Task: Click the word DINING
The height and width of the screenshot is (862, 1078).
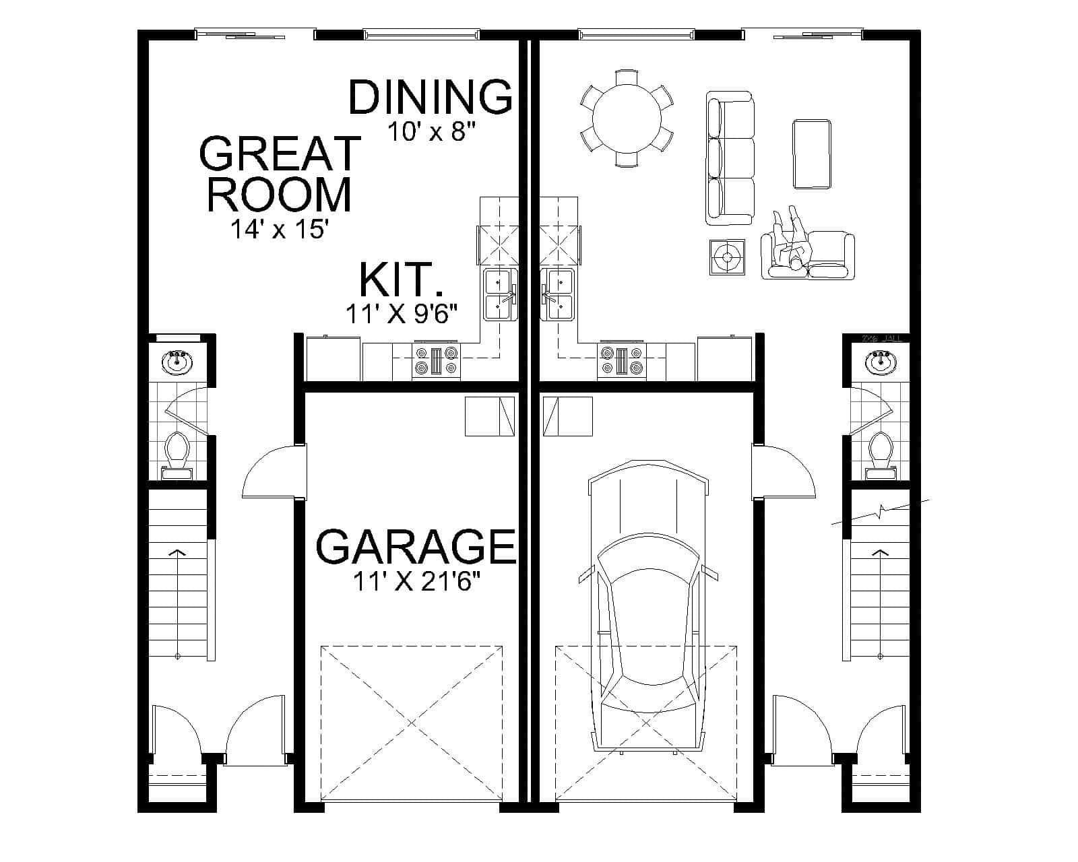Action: (430, 96)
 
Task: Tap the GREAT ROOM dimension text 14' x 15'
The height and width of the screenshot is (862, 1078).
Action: (279, 230)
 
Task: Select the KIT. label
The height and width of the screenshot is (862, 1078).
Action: (402, 281)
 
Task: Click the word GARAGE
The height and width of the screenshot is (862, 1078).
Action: (416, 546)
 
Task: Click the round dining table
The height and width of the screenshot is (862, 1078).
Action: (627, 119)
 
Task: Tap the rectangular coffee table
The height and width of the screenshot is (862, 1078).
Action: (811, 154)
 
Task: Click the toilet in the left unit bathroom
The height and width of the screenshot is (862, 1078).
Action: (177, 449)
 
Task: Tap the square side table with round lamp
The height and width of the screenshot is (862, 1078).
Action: (727, 257)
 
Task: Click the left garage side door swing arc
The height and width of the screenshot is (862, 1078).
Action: (266, 471)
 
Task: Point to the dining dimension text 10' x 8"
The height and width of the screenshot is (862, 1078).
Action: (431, 131)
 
